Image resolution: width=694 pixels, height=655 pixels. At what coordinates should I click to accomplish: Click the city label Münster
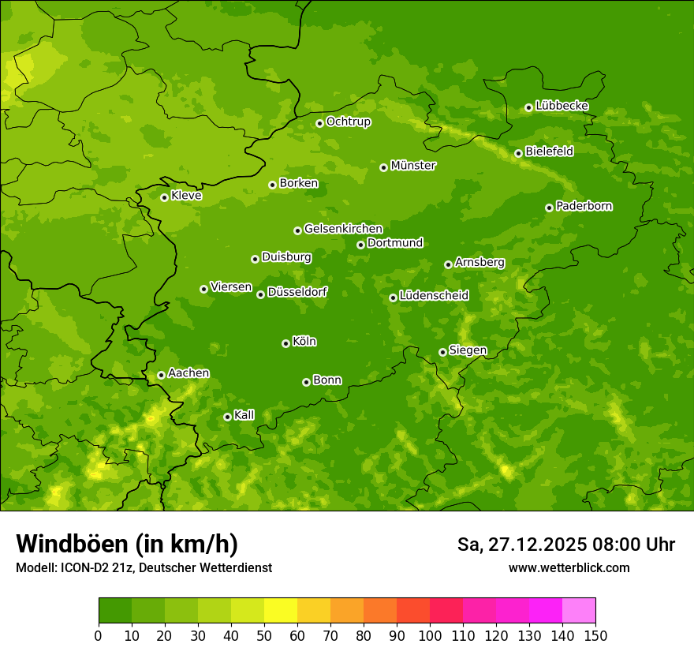[413, 166]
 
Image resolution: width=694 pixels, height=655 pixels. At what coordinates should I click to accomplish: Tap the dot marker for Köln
[285, 343]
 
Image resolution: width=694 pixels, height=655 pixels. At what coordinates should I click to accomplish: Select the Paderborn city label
[584, 206]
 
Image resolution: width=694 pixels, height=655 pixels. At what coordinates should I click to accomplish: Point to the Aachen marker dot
[161, 375]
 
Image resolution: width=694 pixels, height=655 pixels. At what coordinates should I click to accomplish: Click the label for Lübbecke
[562, 106]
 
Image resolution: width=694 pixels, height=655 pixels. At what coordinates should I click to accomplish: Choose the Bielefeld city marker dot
[518, 153]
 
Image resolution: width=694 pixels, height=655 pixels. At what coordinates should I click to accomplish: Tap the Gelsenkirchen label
[343, 229]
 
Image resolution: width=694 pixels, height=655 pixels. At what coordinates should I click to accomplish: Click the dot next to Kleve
[164, 197]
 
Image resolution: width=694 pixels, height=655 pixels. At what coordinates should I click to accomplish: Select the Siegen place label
[468, 350]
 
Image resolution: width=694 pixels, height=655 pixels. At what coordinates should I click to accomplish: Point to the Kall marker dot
[227, 417]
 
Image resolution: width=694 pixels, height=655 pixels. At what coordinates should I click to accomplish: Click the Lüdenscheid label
[434, 296]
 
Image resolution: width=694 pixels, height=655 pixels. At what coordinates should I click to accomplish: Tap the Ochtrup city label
[348, 122]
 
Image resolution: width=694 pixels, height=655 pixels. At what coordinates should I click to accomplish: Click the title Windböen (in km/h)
[126, 544]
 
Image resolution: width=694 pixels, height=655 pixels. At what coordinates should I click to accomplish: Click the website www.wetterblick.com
[569, 567]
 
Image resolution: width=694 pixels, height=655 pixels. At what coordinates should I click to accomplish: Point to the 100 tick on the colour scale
[430, 635]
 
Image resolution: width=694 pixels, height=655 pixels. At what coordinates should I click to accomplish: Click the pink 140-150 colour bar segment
[579, 611]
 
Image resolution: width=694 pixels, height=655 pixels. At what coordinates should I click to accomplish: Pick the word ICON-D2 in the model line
[80, 567]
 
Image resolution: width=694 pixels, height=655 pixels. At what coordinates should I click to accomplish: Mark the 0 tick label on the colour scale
[99, 635]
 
